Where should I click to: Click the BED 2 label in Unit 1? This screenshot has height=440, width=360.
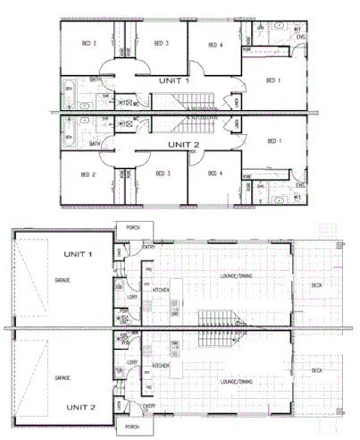[x=88, y=43]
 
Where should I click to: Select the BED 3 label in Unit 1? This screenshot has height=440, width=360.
[x=161, y=43]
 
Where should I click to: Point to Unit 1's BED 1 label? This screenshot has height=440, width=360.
[x=273, y=80]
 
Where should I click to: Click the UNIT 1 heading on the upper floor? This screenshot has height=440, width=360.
[x=174, y=80]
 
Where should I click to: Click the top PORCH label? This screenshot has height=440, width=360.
[x=134, y=228]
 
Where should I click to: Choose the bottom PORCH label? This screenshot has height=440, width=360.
[x=134, y=427]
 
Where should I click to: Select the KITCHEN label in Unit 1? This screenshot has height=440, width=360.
[x=161, y=291]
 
